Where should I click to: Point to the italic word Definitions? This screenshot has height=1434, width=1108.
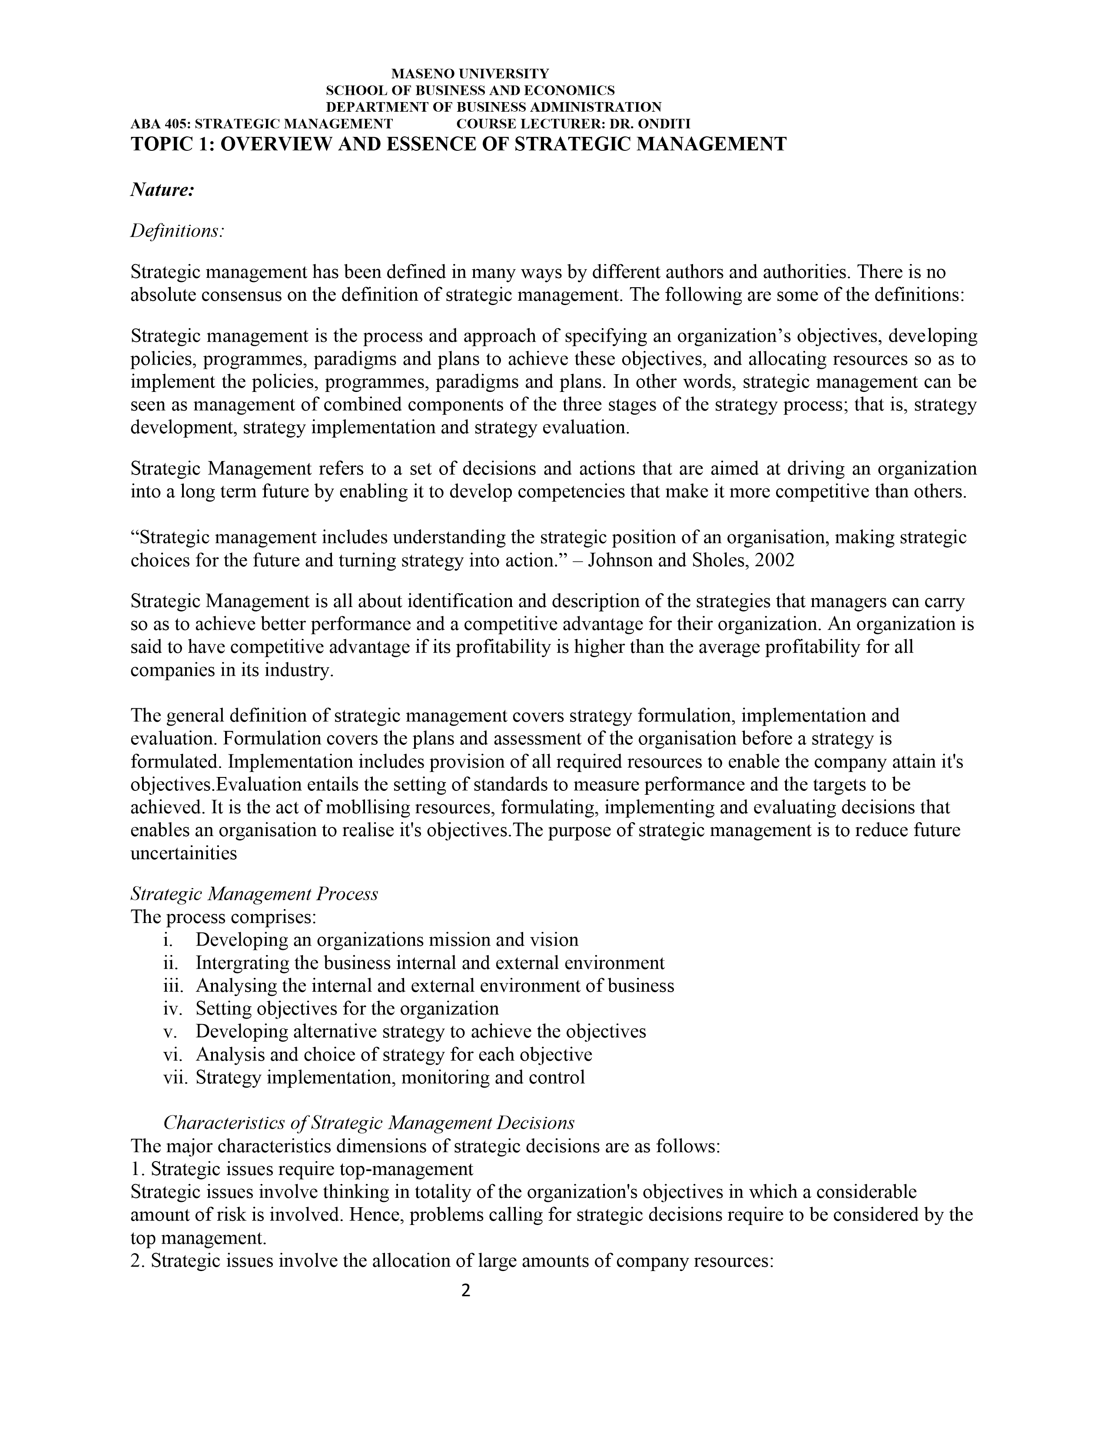click(177, 231)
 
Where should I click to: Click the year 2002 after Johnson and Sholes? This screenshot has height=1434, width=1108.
click(775, 561)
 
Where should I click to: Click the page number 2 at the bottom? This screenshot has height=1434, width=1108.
click(466, 1291)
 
